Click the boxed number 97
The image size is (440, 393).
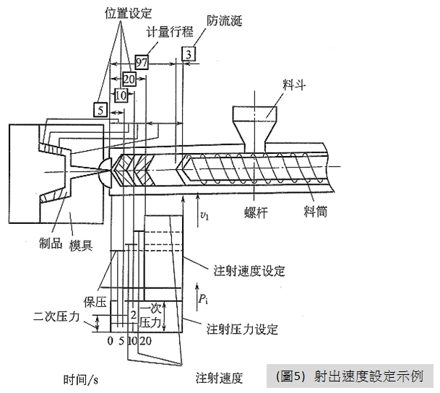[141, 62]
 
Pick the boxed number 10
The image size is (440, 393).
[121, 95]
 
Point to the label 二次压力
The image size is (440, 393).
[54, 316]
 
